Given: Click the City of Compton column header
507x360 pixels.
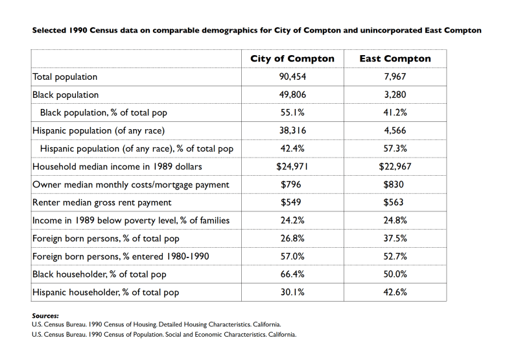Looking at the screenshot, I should point(292,58).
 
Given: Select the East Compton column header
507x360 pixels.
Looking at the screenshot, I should point(395,58).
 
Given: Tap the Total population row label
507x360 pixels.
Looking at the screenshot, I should point(65,77).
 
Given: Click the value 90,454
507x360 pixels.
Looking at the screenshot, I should point(292,77).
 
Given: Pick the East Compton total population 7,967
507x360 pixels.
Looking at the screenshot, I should point(395,77).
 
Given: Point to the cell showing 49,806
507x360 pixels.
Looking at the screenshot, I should point(292,95).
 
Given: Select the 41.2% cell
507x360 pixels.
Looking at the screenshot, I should point(395,113).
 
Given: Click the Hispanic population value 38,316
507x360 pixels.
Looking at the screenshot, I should point(292,130).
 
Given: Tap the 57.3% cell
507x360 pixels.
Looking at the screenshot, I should point(395,149).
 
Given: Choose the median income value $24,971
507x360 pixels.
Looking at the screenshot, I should point(292,167).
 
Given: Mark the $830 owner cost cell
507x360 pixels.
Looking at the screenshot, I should point(395,185).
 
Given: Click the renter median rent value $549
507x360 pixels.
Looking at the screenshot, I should point(292,202).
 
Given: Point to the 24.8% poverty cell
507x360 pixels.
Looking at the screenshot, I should point(395,221).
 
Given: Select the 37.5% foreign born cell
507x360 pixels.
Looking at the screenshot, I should point(395,239).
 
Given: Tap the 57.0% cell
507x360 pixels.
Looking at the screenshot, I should point(292,256).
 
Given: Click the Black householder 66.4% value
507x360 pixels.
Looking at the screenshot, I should point(292,274).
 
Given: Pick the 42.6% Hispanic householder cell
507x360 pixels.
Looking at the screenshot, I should point(395,293).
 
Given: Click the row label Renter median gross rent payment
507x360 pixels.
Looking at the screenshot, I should point(102,202).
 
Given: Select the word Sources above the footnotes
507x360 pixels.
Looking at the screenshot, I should point(45,316).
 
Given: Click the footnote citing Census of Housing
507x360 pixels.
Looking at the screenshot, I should point(156,324).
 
